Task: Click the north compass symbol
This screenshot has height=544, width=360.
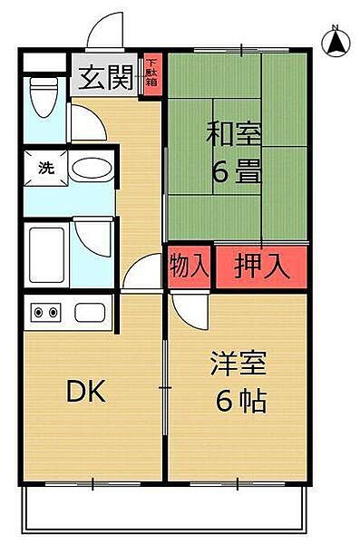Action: [336, 42]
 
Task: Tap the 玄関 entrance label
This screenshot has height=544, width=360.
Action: [105, 77]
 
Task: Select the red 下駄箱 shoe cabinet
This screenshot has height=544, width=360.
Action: [152, 74]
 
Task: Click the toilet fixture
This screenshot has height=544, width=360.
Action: [44, 97]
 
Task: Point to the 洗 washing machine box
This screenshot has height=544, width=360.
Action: [46, 168]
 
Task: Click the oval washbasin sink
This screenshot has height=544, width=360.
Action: [92, 169]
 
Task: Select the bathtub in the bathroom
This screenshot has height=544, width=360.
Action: [47, 255]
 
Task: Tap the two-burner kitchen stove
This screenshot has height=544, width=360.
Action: [46, 312]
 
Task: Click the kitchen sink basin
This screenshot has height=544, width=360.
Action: [90, 312]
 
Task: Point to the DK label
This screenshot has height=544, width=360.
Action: [86, 391]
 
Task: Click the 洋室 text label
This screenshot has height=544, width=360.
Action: [238, 364]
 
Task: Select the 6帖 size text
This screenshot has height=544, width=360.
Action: [241, 401]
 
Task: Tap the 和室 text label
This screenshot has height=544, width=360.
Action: [233, 133]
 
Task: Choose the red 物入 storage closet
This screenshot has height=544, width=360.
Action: [190, 267]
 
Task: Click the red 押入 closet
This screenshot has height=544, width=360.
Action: [262, 267]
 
